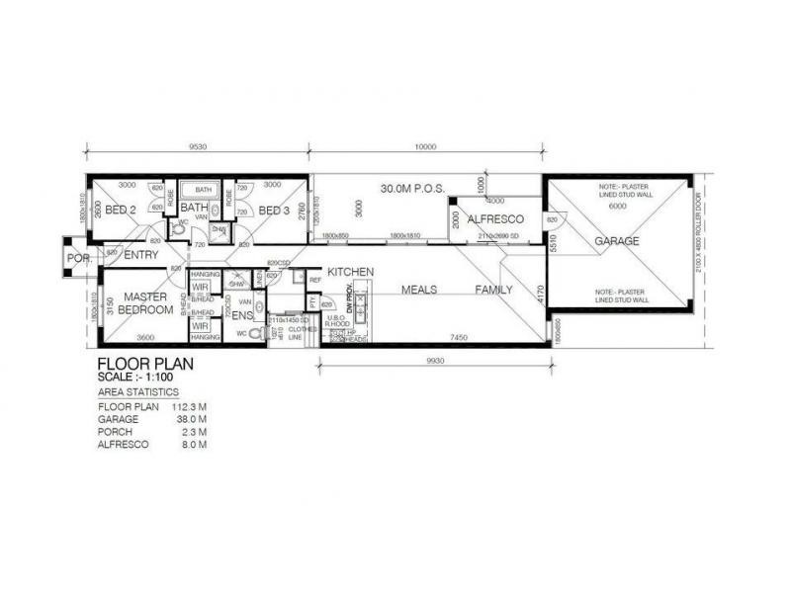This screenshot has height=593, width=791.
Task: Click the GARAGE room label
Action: tap(617, 240)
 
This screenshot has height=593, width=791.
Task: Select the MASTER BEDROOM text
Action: tap(144, 303)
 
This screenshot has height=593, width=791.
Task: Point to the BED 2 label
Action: tap(120, 210)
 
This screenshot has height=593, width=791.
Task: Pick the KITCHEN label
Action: tap(349, 271)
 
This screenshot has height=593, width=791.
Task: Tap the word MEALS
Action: tap(419, 291)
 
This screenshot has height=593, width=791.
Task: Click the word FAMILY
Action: tap(493, 291)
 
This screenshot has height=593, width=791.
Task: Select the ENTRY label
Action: tap(143, 255)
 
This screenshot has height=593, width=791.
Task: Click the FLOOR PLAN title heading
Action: tap(145, 364)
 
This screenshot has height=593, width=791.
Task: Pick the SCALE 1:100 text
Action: tap(141, 377)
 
